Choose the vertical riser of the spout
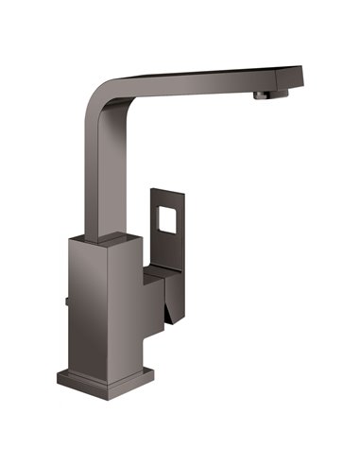[98, 170]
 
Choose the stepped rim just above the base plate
[104, 367]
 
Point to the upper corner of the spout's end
[300, 67]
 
